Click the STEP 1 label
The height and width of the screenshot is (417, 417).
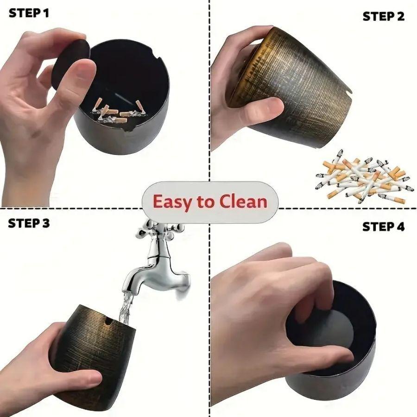click(29, 13)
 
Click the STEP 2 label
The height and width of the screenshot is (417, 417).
click(383, 17)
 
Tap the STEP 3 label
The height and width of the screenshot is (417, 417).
click(29, 223)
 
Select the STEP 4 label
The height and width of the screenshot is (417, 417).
click(383, 227)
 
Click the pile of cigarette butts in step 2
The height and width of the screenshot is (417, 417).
click(361, 178)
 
